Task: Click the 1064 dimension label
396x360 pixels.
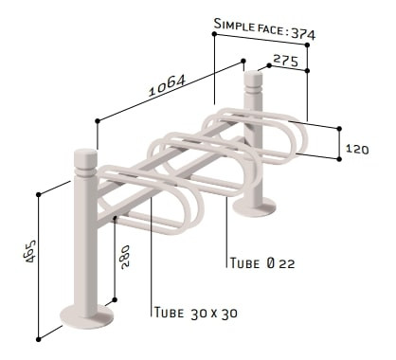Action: pos(167,85)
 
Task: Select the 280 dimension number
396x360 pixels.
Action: pos(124,257)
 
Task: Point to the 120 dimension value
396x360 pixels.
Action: pos(357,149)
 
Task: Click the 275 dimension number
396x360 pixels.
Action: pos(285,61)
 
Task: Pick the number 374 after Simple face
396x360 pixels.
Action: pos(303,33)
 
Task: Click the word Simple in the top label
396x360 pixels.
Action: pos(234,26)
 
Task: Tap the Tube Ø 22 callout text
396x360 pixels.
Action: pos(262,262)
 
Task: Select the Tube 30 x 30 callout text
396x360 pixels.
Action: pos(196,313)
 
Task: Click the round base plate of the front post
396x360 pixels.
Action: pos(87,316)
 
